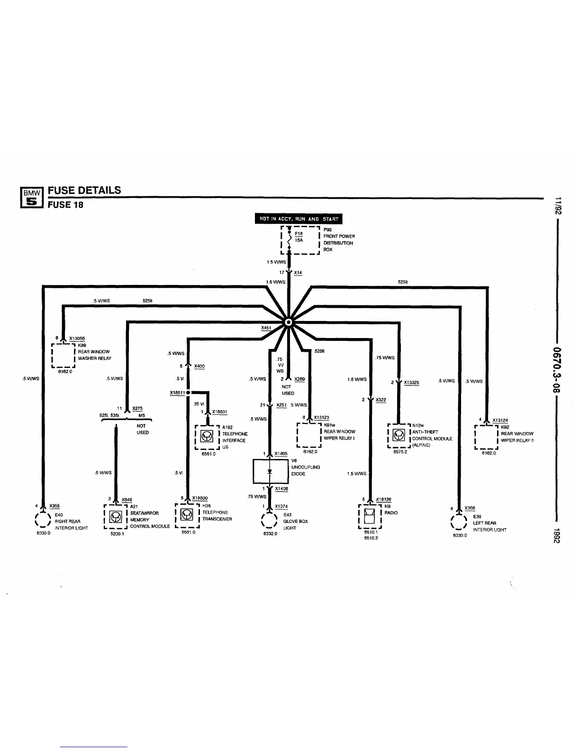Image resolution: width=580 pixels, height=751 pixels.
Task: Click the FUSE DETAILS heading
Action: pyautogui.click(x=84, y=190)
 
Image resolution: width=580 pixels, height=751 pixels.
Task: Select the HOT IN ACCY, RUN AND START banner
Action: pyautogui.click(x=299, y=219)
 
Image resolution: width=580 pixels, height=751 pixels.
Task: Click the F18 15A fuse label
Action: pyautogui.click(x=299, y=237)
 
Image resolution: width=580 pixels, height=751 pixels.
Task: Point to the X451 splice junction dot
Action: pyautogui.click(x=288, y=323)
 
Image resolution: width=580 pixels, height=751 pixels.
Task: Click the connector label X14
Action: pyautogui.click(x=298, y=273)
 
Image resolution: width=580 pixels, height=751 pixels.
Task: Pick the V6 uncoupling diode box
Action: pyautogui.click(x=271, y=471)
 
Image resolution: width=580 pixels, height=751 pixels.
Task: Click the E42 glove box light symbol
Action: pyautogui.click(x=269, y=522)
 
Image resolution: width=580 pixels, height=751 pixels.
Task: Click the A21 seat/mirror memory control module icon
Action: pyautogui.click(x=115, y=517)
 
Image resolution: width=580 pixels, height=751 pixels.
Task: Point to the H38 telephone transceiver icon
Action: pyautogui.click(x=188, y=515)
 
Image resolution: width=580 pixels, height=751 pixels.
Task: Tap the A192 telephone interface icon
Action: pyautogui.click(x=207, y=437)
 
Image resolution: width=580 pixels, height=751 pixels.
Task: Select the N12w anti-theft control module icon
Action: pyautogui.click(x=399, y=435)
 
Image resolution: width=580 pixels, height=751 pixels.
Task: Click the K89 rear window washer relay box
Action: pyautogui.click(x=63, y=355)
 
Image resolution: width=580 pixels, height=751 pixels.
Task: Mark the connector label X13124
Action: pyautogui.click(x=500, y=420)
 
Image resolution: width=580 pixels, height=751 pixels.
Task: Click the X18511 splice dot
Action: pyautogui.click(x=188, y=393)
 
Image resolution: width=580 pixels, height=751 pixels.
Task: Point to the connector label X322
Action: pyautogui.click(x=381, y=400)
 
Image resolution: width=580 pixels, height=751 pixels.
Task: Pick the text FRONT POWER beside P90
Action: pyautogui.click(x=339, y=236)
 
